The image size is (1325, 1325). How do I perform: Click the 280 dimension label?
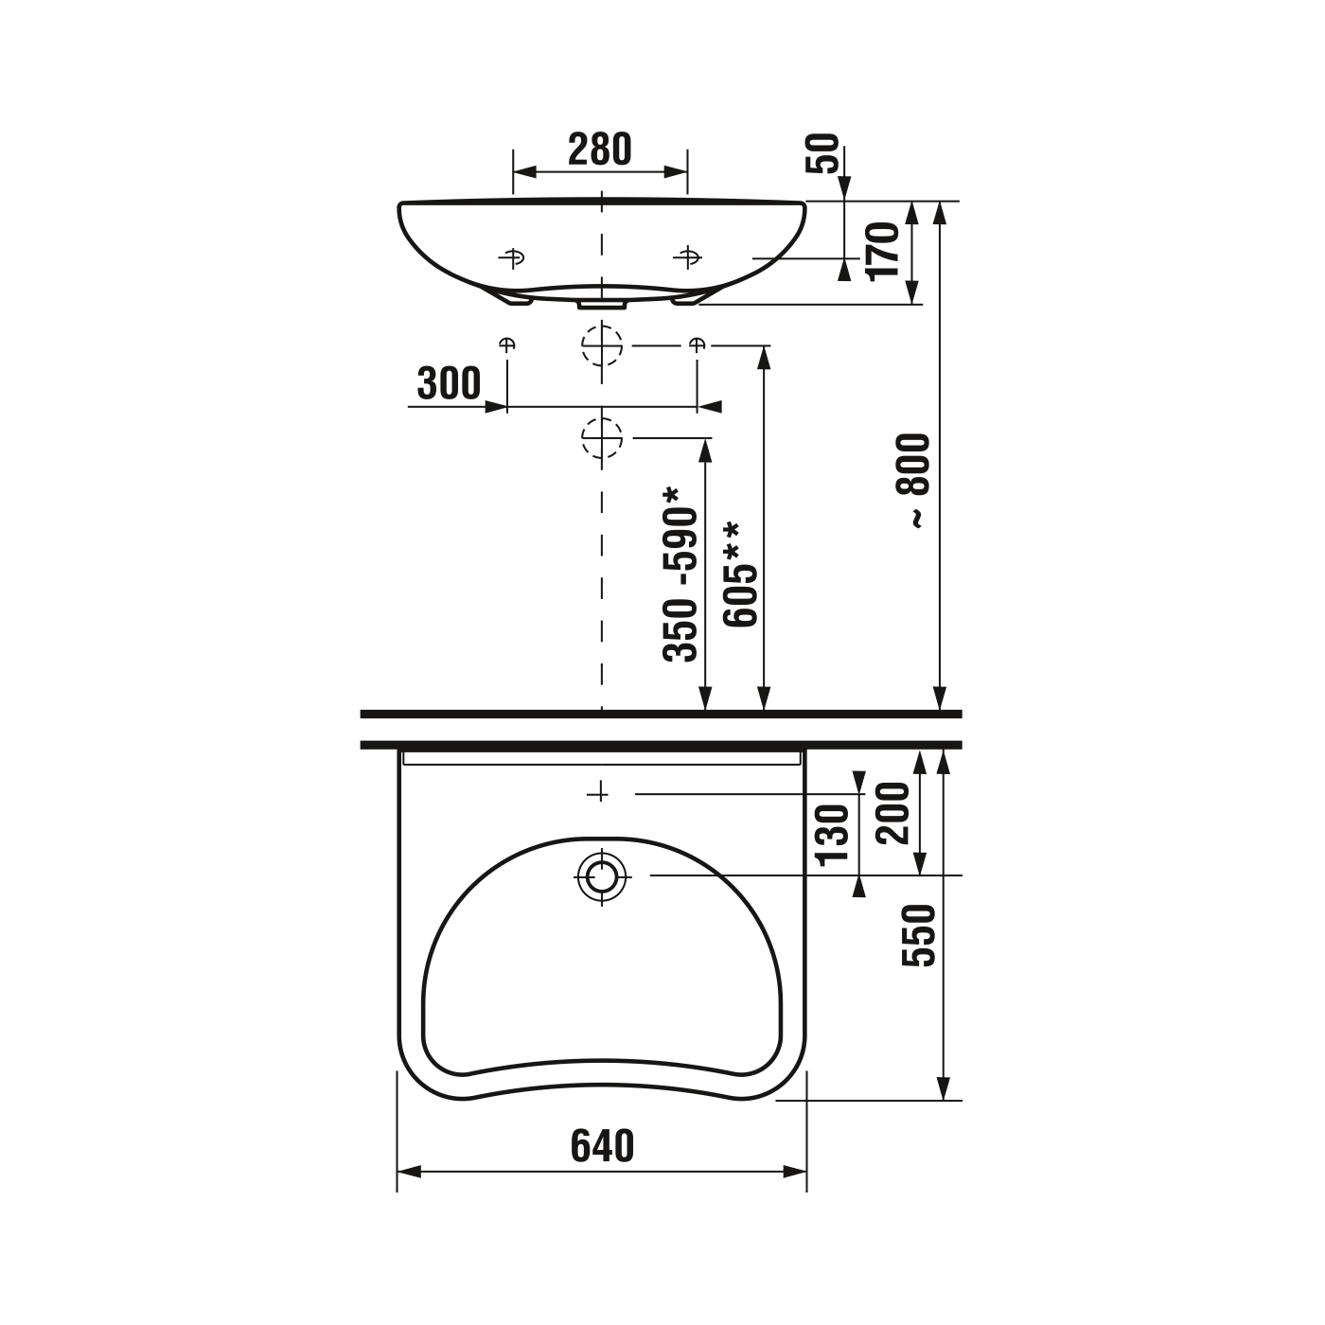click(x=600, y=150)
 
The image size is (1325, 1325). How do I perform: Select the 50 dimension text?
click(x=828, y=153)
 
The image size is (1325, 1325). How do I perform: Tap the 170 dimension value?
click(x=883, y=250)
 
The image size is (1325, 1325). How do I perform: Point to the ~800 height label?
click(x=917, y=480)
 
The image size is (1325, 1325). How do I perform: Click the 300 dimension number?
click(x=449, y=383)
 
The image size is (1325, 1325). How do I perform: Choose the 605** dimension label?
click(x=739, y=574)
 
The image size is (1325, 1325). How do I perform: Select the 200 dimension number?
click(x=892, y=812)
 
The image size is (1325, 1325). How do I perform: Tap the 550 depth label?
click(x=919, y=935)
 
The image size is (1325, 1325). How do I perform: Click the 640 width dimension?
click(x=602, y=1146)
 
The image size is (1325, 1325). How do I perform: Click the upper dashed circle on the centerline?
click(x=602, y=345)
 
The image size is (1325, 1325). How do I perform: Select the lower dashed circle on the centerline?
click(x=602, y=438)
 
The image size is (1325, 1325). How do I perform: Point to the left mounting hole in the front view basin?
click(x=512, y=257)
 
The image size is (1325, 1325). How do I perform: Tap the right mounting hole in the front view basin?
click(x=687, y=256)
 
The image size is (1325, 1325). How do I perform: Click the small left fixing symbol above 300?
click(x=507, y=344)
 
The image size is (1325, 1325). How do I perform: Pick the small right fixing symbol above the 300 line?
click(x=697, y=344)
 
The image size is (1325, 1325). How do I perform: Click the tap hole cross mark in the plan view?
click(x=597, y=793)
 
